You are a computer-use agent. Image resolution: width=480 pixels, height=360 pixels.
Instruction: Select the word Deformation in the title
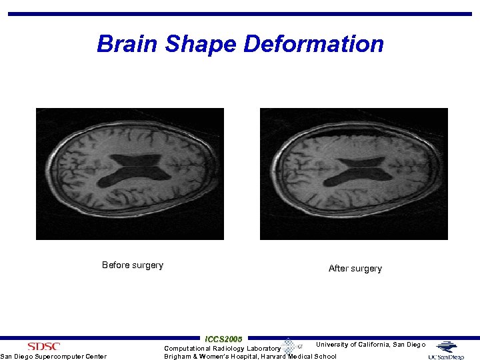point(313,44)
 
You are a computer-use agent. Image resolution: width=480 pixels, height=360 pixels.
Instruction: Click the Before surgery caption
point(132,265)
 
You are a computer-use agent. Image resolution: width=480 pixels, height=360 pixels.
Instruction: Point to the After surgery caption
point(355,269)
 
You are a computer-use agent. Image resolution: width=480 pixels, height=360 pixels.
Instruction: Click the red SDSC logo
point(43,346)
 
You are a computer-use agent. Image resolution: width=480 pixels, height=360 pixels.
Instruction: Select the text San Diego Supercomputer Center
point(53,357)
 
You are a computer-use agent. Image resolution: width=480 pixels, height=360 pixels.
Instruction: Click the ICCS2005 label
point(224,339)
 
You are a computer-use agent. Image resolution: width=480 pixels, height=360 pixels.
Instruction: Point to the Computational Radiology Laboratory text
point(222,349)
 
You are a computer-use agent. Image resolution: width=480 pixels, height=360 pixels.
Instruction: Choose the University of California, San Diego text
point(370,345)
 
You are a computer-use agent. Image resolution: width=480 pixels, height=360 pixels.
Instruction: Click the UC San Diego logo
point(446,350)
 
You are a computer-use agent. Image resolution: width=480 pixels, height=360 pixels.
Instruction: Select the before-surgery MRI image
point(129,173)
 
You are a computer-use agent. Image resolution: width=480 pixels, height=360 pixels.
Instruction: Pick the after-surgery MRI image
point(353,173)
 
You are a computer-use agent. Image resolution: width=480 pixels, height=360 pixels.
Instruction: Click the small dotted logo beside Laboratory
point(289,346)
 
